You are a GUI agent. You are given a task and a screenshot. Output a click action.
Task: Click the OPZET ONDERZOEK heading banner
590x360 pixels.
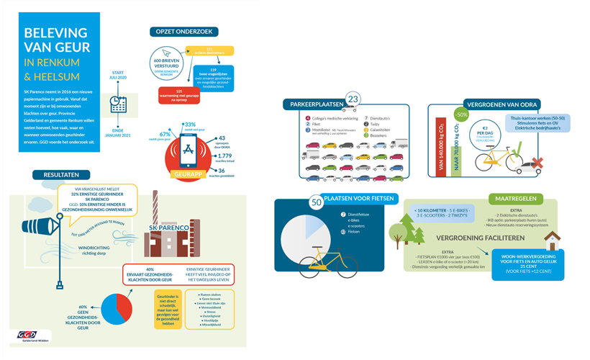(x=183, y=32)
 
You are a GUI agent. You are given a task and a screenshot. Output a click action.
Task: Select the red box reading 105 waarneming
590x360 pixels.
(x=179, y=94)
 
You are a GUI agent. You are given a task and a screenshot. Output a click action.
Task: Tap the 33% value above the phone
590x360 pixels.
(x=190, y=125)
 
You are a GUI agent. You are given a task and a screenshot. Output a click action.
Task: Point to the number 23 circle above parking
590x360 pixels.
(x=353, y=99)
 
